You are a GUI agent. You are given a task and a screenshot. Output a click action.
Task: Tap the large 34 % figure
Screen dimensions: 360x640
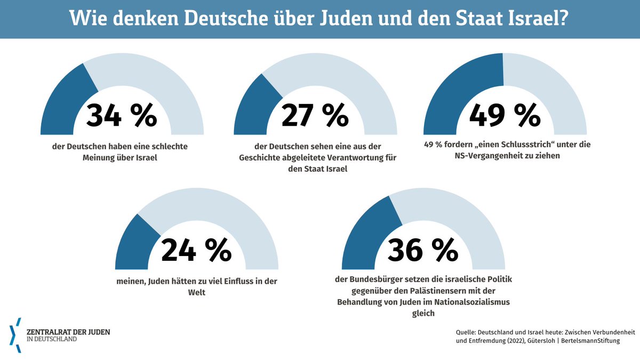click(122, 115)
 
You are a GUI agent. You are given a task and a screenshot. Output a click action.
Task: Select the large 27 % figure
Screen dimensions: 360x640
click(315, 115)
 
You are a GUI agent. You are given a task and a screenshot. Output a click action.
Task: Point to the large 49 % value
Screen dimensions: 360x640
click(505, 115)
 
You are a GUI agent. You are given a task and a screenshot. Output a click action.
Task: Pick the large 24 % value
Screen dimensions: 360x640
click(196, 249)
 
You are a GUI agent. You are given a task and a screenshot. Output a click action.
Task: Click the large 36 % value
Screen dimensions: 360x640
click(423, 249)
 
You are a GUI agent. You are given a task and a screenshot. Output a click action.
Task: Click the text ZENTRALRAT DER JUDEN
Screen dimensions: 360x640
click(68, 331)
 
